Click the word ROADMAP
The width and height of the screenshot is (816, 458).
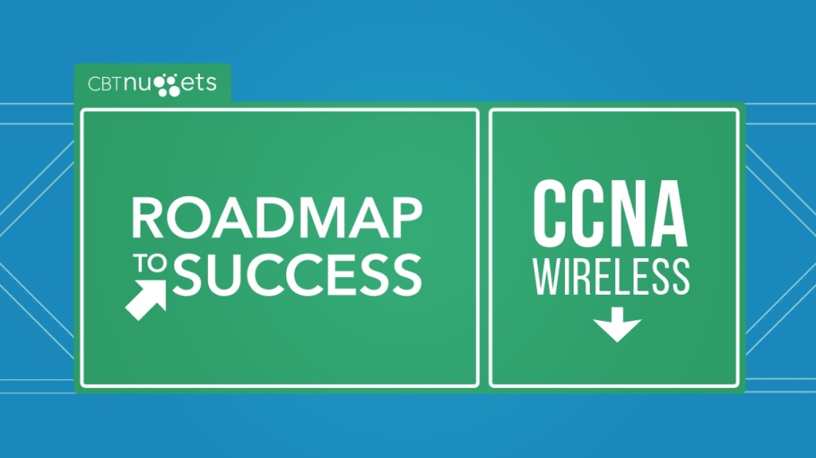pos(276,217)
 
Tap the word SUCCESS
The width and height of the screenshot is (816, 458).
pos(297,273)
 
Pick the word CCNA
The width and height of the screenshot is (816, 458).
pos(610,212)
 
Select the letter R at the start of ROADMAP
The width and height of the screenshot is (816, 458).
pos(147,217)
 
